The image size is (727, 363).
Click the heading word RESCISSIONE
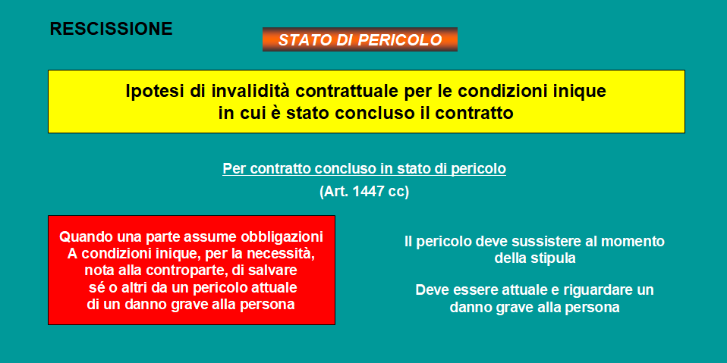(112, 29)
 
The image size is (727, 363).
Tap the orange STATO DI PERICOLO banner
(360, 39)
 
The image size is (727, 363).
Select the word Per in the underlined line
(234, 169)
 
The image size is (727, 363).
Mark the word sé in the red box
(94, 288)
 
